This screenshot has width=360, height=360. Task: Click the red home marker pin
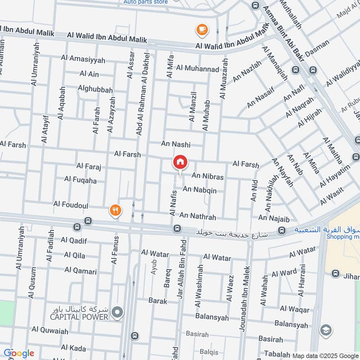click(x=180, y=162)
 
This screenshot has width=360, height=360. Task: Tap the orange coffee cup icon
click(x=202, y=30)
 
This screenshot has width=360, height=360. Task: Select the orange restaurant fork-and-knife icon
click(x=116, y=210)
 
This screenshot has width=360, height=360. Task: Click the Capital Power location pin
click(x=117, y=311)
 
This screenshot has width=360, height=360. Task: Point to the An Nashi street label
click(x=176, y=144)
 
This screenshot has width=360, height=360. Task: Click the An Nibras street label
click(x=207, y=177)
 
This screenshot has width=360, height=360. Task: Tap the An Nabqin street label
click(x=199, y=190)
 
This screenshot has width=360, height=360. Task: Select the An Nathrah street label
click(x=198, y=217)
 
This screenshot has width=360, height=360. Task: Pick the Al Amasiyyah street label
click(x=83, y=58)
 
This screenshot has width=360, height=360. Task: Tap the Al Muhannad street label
click(x=198, y=69)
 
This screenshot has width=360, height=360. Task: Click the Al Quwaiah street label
click(x=50, y=331)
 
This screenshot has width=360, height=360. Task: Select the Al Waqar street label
click(x=295, y=310)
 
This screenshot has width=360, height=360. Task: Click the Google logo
click(x=19, y=353)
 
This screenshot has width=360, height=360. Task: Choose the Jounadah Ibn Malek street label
click(x=246, y=305)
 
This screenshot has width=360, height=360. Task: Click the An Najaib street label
click(x=274, y=218)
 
